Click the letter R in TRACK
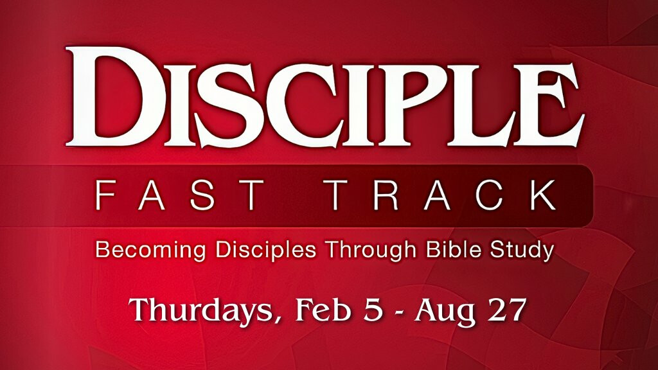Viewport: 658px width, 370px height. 384,195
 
